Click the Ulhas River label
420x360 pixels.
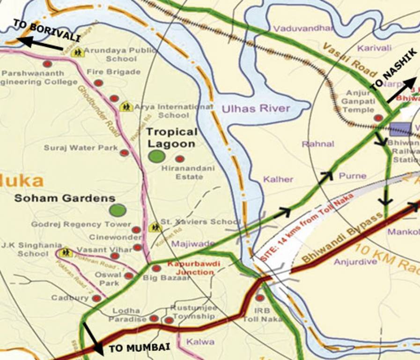[256, 109]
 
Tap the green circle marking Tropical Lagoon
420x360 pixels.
[156, 156]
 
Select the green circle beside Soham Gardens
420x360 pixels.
[118, 210]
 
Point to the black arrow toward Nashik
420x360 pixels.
[402, 90]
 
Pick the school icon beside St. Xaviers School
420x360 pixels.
[155, 227]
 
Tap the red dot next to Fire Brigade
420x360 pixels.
[98, 83]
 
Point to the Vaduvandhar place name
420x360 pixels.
[303, 29]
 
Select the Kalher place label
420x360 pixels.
[278, 179]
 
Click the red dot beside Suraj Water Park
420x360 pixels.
[124, 153]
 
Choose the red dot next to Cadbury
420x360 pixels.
[96, 298]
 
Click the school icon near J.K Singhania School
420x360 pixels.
[66, 252]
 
